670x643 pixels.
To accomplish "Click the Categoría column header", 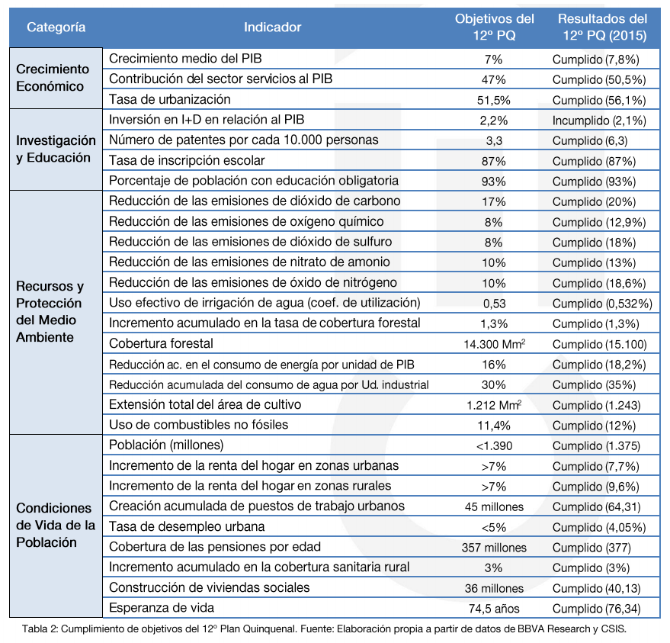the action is tap(56, 27).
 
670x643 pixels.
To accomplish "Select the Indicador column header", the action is tap(273, 27).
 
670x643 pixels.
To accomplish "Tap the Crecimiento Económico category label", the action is tap(53, 78).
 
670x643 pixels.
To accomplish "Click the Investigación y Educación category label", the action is tap(56, 149).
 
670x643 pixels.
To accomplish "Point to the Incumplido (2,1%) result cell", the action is tap(599, 121).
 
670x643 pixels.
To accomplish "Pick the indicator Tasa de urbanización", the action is tap(170, 100).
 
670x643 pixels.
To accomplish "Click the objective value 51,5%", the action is tap(494, 101).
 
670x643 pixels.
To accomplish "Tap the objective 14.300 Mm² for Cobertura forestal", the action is tap(495, 344).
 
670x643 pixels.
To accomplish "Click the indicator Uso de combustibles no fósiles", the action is tap(199, 425).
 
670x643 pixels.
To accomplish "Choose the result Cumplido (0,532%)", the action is tap(602, 304).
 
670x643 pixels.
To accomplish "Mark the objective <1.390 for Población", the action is tap(494, 446).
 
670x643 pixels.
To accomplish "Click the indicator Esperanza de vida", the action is tap(162, 607).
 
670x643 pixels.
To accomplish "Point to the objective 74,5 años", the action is tap(494, 609).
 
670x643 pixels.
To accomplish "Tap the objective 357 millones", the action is tap(494, 548).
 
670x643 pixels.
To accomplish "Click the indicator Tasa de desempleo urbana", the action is tap(187, 526).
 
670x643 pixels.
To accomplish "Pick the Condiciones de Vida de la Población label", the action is tap(56, 525).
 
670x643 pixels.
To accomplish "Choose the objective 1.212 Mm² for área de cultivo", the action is tap(494, 405).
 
